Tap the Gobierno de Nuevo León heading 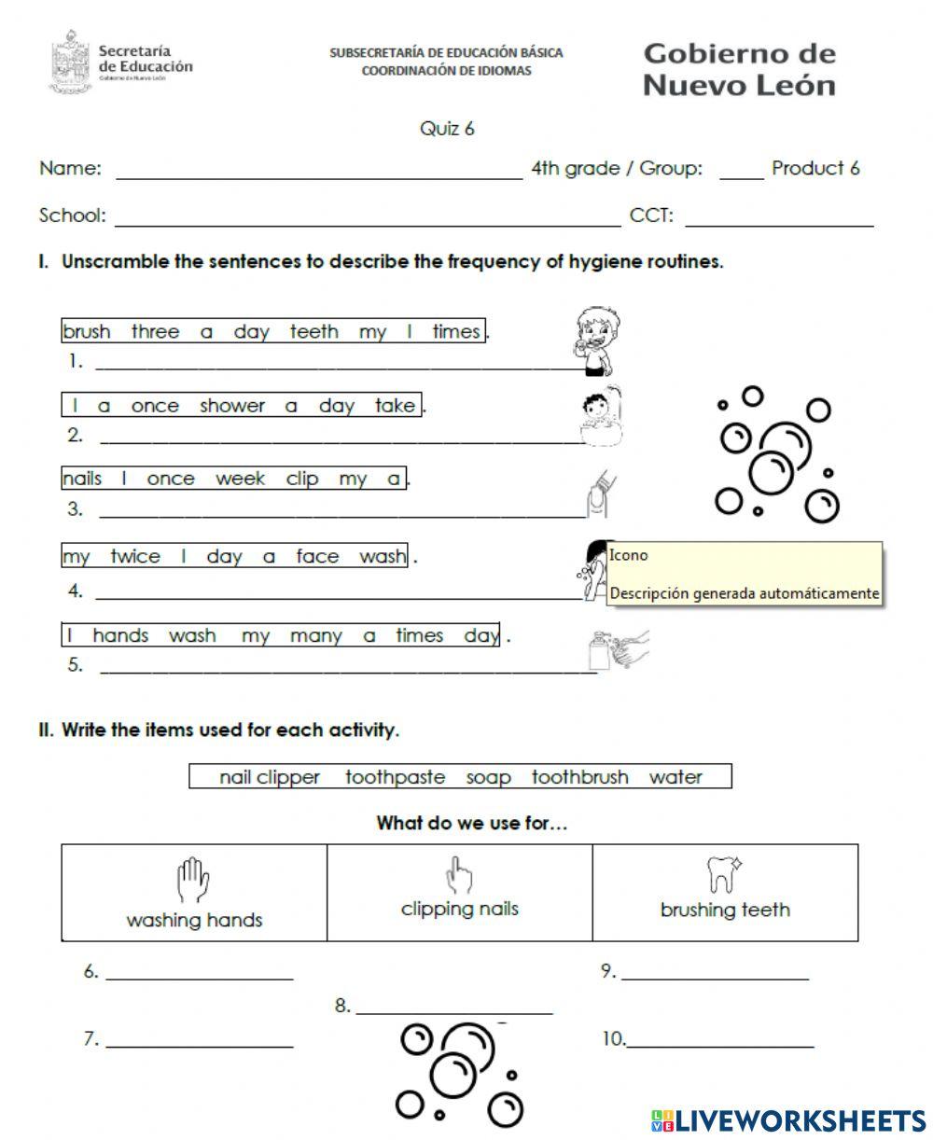coord(739,69)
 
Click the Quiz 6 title coord(447,129)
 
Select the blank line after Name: coord(318,175)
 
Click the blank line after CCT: coord(779,224)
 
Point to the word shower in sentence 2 coord(231,406)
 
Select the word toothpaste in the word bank coord(395,777)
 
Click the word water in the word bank coord(675,777)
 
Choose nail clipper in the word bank coord(270,777)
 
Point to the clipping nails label coord(459,909)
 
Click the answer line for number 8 coord(453,1012)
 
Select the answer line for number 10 coord(719,1045)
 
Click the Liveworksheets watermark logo coord(788,1120)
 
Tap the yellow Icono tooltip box coord(744,574)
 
